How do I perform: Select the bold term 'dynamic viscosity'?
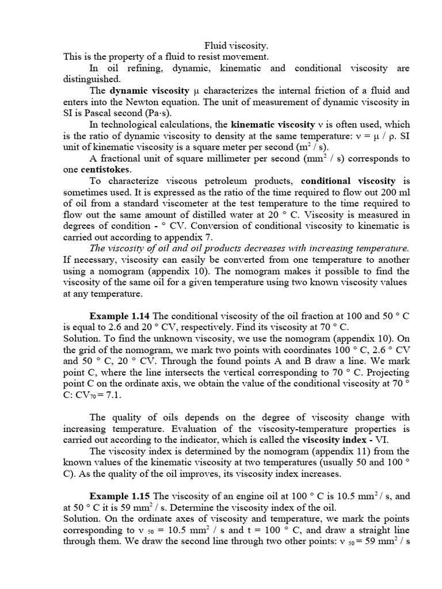click(149, 91)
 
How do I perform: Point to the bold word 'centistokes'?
click(105, 170)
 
